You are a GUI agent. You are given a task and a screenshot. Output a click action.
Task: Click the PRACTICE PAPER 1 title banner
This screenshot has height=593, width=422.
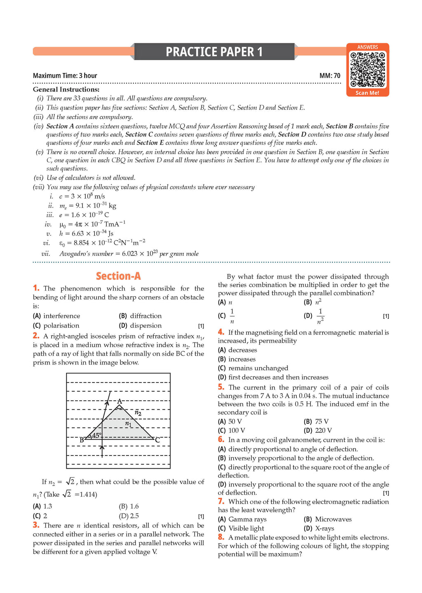point(214,52)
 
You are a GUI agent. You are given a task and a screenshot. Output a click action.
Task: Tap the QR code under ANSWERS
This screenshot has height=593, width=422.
point(368,69)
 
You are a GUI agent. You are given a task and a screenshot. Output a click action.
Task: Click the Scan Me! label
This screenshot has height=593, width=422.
point(368,93)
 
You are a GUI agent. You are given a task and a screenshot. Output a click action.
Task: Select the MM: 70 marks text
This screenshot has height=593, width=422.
point(330,76)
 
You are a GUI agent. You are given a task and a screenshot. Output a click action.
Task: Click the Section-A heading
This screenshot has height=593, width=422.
point(118,276)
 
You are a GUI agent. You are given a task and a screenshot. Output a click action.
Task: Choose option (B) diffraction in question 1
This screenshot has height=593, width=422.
point(141,316)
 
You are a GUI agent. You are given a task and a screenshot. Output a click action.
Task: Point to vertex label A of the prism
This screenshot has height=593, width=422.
point(120,401)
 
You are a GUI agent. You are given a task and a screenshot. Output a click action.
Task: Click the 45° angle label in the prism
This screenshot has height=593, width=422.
point(96,436)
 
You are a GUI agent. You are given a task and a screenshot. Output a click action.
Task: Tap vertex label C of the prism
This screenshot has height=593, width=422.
point(157,440)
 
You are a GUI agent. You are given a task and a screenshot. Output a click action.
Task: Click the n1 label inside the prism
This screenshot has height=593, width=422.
point(128,423)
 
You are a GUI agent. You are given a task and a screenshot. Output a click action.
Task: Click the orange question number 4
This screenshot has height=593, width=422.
point(221,332)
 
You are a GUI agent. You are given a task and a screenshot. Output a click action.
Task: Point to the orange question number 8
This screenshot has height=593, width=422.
point(221,537)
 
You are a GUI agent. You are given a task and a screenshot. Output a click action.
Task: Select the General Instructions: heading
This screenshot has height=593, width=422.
point(66,89)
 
